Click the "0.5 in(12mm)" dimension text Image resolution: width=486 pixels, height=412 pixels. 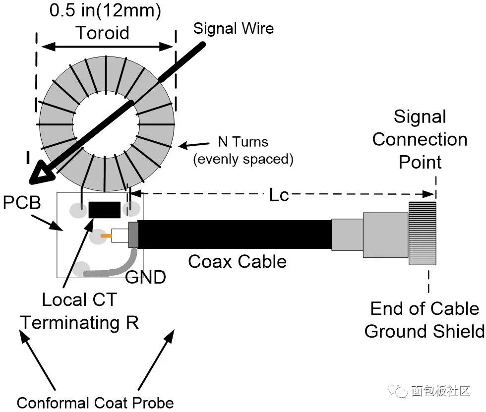pos(105,11)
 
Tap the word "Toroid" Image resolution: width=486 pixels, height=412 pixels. pos(103,33)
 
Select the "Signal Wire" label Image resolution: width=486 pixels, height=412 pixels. pos(233,28)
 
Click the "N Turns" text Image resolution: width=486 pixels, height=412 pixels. pos(243,142)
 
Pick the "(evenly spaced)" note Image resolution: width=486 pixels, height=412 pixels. pos(243,160)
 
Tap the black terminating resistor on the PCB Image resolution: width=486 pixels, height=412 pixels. pos(105,210)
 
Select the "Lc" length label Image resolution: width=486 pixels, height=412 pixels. pos(279,195)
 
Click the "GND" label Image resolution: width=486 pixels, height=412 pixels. pos(145,277)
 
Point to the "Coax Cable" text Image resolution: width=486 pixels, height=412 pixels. pos(237,261)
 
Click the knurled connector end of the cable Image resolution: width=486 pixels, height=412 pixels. pos(422,233)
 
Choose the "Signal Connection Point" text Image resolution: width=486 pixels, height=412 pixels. pos(420,139)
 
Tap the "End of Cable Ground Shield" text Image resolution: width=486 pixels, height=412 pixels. pos(425,320)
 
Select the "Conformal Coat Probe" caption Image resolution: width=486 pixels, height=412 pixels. pos(95,402)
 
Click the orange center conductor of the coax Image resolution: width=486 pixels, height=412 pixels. pos(106,236)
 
